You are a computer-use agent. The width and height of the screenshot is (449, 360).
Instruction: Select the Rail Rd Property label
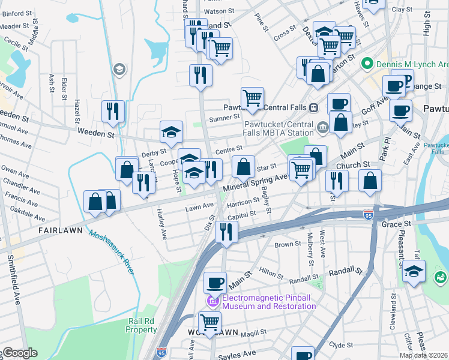click(142, 325)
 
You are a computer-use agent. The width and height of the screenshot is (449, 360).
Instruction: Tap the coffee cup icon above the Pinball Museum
click(215, 283)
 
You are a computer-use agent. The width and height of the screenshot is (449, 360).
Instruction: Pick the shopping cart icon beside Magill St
click(209, 323)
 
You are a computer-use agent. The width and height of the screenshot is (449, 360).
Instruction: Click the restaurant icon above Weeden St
click(113, 111)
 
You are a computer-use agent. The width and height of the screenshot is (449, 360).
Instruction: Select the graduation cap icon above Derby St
click(171, 132)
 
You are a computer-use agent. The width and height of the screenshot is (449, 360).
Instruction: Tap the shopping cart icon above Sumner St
click(252, 98)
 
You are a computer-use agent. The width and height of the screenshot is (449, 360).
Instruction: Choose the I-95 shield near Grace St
click(369, 214)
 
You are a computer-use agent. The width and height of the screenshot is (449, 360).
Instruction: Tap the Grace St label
click(396, 224)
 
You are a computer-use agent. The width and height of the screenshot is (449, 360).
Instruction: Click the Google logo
click(19, 353)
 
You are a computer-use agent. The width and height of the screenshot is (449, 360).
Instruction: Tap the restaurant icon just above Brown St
click(226, 232)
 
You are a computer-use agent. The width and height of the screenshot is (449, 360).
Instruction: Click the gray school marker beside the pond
click(119, 69)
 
